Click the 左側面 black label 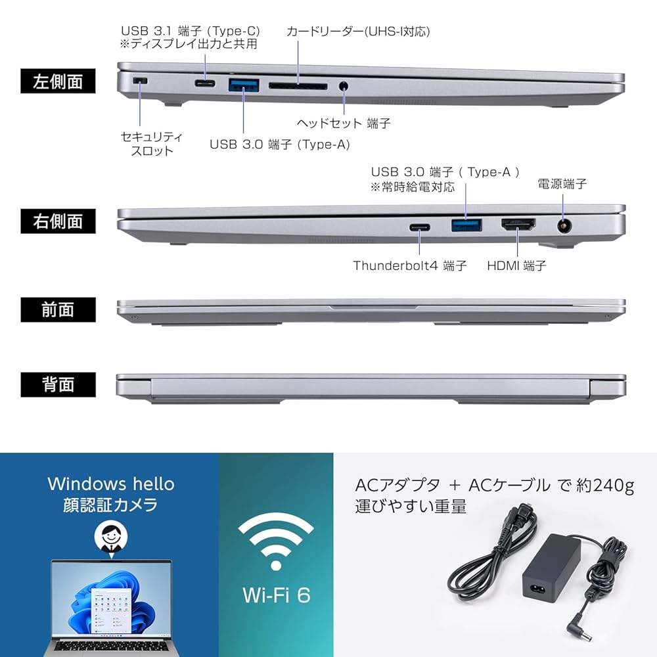58,82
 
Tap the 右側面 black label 58,221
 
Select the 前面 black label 58,310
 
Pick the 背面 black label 58,384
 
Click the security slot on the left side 139,81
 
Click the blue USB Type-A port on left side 243,84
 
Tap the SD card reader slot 298,85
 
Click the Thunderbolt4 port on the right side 420,227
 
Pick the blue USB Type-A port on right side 466,226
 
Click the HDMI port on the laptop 518,226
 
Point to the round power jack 564,226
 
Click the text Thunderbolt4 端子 410,266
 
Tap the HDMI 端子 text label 516,266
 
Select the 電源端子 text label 562,185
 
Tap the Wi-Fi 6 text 276,595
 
